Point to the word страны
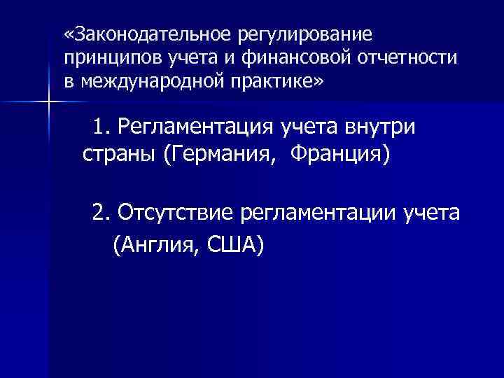118,152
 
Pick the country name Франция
340,152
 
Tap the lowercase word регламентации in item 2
319,213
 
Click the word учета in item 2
432,212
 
